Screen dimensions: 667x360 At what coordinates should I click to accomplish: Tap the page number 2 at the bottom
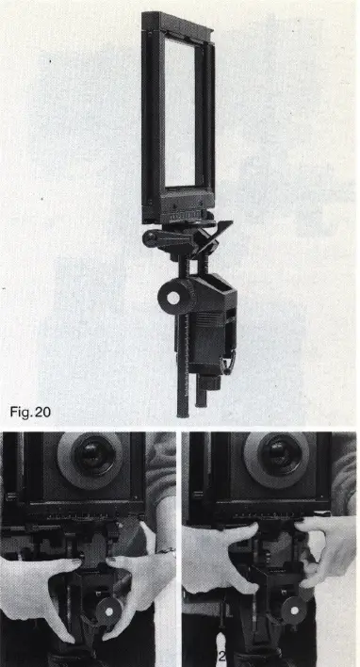pos(222,657)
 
